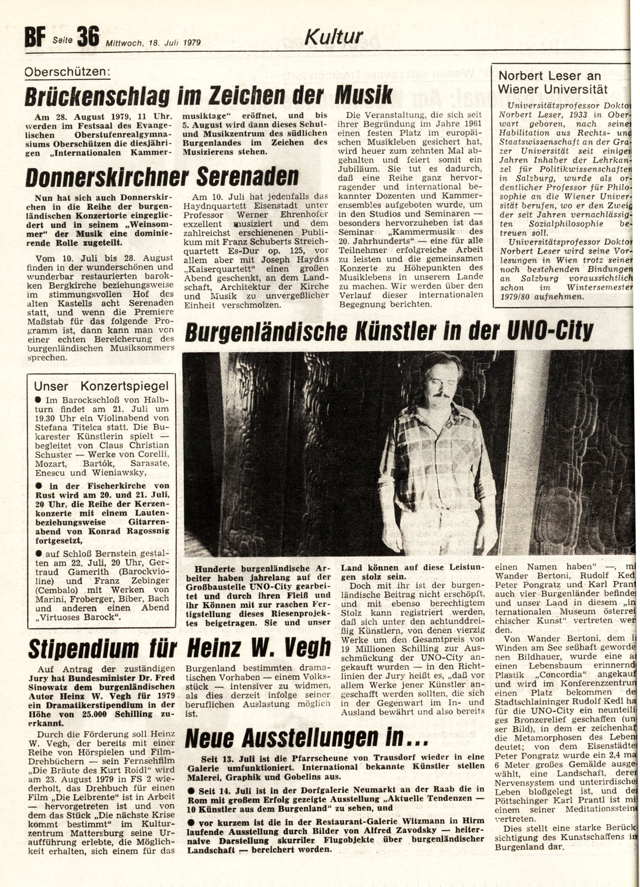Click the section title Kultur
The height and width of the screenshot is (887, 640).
coord(334,36)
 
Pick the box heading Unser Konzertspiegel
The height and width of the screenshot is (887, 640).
coord(101,386)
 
